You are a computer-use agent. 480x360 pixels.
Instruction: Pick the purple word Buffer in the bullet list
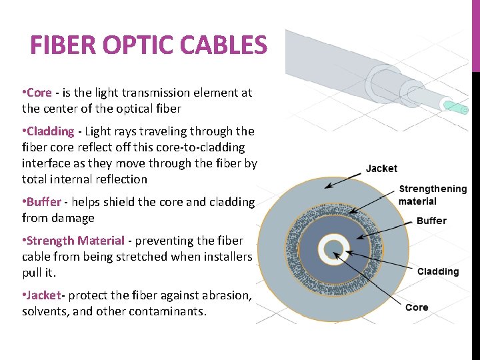44,202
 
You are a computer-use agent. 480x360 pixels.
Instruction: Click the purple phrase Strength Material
75,241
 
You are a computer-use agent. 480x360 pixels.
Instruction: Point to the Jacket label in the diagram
381,169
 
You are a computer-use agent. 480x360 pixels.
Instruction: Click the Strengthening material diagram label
432,195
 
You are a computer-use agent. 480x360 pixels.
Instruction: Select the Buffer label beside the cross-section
431,221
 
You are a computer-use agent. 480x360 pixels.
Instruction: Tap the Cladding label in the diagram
438,271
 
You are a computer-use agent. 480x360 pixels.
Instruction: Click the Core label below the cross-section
417,307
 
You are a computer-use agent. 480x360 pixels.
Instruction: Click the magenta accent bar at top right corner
475,33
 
